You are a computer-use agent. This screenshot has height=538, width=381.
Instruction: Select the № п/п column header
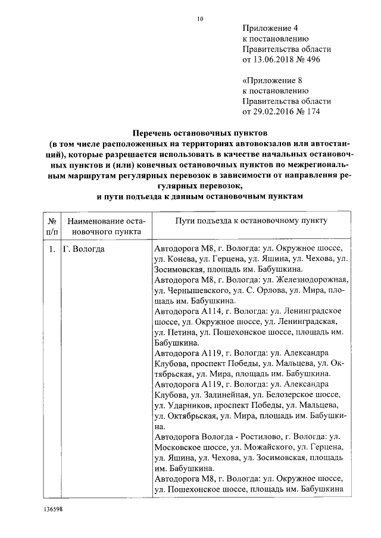click(x=52, y=225)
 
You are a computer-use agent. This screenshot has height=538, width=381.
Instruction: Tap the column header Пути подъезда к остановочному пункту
click(x=251, y=221)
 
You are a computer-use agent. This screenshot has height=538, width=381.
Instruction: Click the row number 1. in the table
click(x=52, y=249)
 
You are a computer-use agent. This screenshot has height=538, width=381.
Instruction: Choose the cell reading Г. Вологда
click(x=84, y=249)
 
